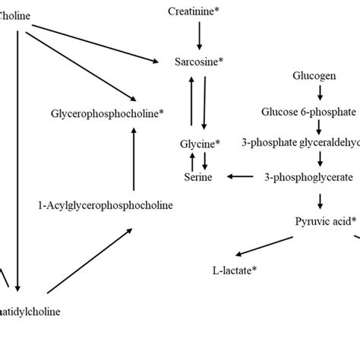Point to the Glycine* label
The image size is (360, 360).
[200, 143]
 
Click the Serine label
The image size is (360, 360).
[199, 176]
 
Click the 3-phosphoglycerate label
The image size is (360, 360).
[308, 176]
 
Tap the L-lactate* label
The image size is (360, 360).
[234, 270]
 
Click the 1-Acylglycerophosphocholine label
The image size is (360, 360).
[105, 205]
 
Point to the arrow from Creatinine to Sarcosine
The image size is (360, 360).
[199, 34]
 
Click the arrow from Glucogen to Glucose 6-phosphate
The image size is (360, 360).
[319, 93]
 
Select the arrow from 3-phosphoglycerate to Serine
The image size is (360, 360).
[240, 176]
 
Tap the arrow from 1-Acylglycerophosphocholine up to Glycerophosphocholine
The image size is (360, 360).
[134, 159]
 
